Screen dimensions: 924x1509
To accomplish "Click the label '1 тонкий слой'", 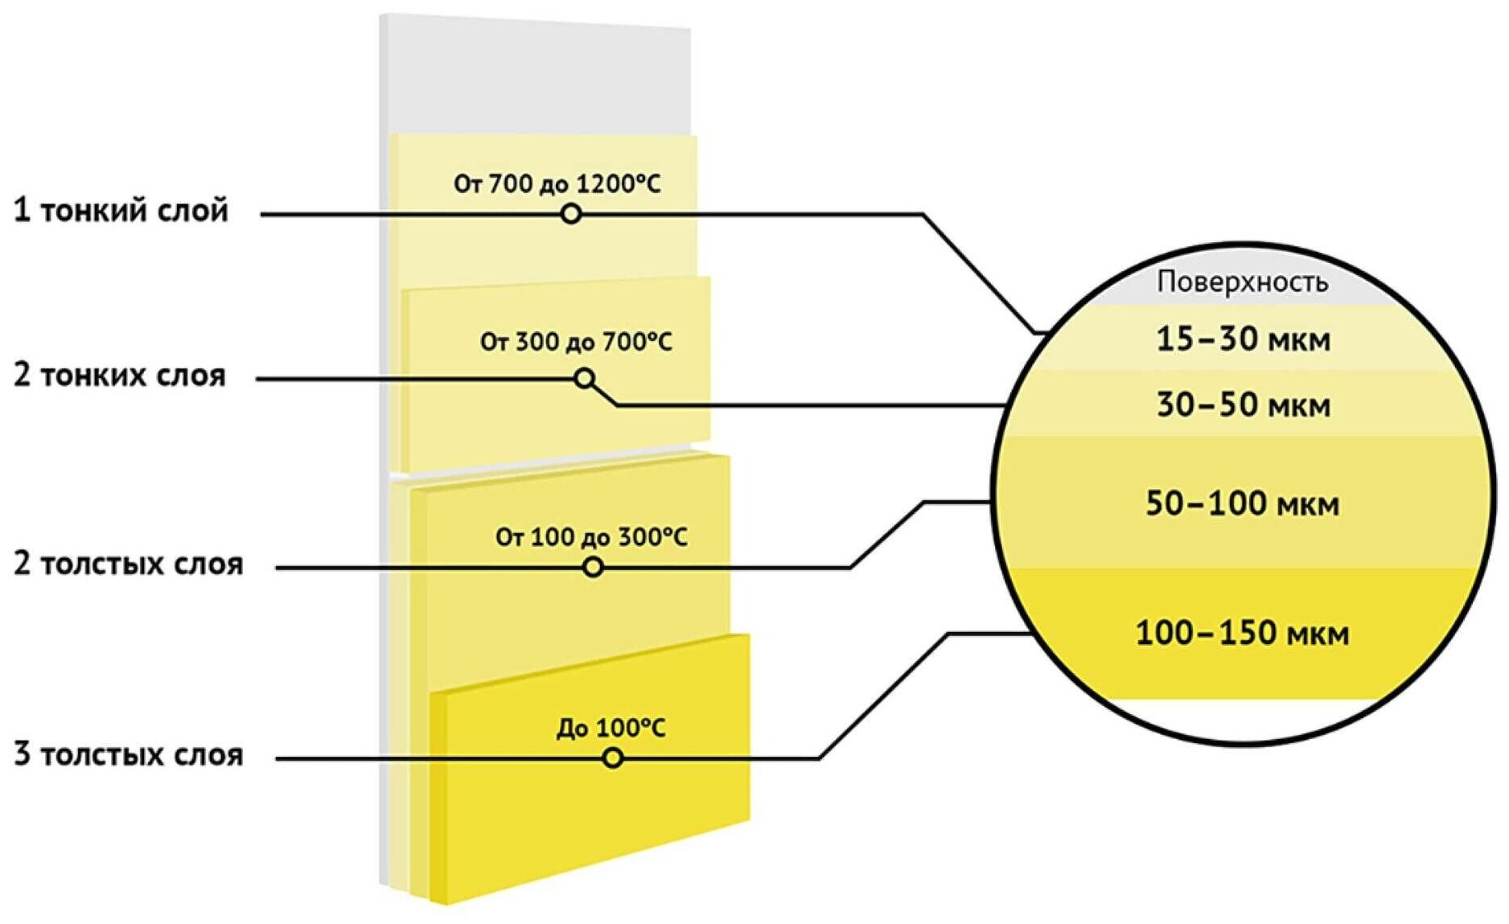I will pyautogui.click(x=121, y=211).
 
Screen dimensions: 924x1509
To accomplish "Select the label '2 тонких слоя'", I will pyautogui.click(x=120, y=376).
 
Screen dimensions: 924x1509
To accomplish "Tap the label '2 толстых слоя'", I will pyautogui.click(x=128, y=565).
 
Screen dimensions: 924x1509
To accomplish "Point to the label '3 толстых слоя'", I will pyautogui.click(x=128, y=755).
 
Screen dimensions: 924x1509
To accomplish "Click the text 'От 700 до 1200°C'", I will pyautogui.click(x=557, y=184).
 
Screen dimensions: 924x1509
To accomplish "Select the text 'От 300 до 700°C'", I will pyautogui.click(x=576, y=343).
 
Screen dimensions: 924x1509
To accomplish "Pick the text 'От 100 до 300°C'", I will pyautogui.click(x=591, y=537).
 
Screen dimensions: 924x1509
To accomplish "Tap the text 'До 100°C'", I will pyautogui.click(x=611, y=729).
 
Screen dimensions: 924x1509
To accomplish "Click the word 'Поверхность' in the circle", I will pyautogui.click(x=1243, y=282).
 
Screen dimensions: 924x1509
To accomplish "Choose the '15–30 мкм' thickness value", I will pyautogui.click(x=1244, y=339).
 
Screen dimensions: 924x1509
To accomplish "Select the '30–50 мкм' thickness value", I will pyautogui.click(x=1244, y=405).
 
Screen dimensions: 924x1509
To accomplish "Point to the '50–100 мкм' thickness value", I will pyautogui.click(x=1243, y=504).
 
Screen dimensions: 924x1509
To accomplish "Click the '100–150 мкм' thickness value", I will pyautogui.click(x=1243, y=634).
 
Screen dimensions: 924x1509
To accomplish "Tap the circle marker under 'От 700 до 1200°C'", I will pyautogui.click(x=571, y=214).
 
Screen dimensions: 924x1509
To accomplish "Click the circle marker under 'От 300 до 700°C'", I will pyautogui.click(x=585, y=378).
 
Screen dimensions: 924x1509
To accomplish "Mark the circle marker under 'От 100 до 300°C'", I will pyautogui.click(x=593, y=567).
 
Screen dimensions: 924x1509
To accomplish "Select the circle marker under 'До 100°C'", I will pyautogui.click(x=613, y=758).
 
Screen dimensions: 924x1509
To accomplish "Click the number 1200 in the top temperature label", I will pyautogui.click(x=605, y=184).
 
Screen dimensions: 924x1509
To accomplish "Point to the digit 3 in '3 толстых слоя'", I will pyautogui.click(x=23, y=755).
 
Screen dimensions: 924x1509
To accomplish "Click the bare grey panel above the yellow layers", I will pyautogui.click(x=535, y=76).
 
